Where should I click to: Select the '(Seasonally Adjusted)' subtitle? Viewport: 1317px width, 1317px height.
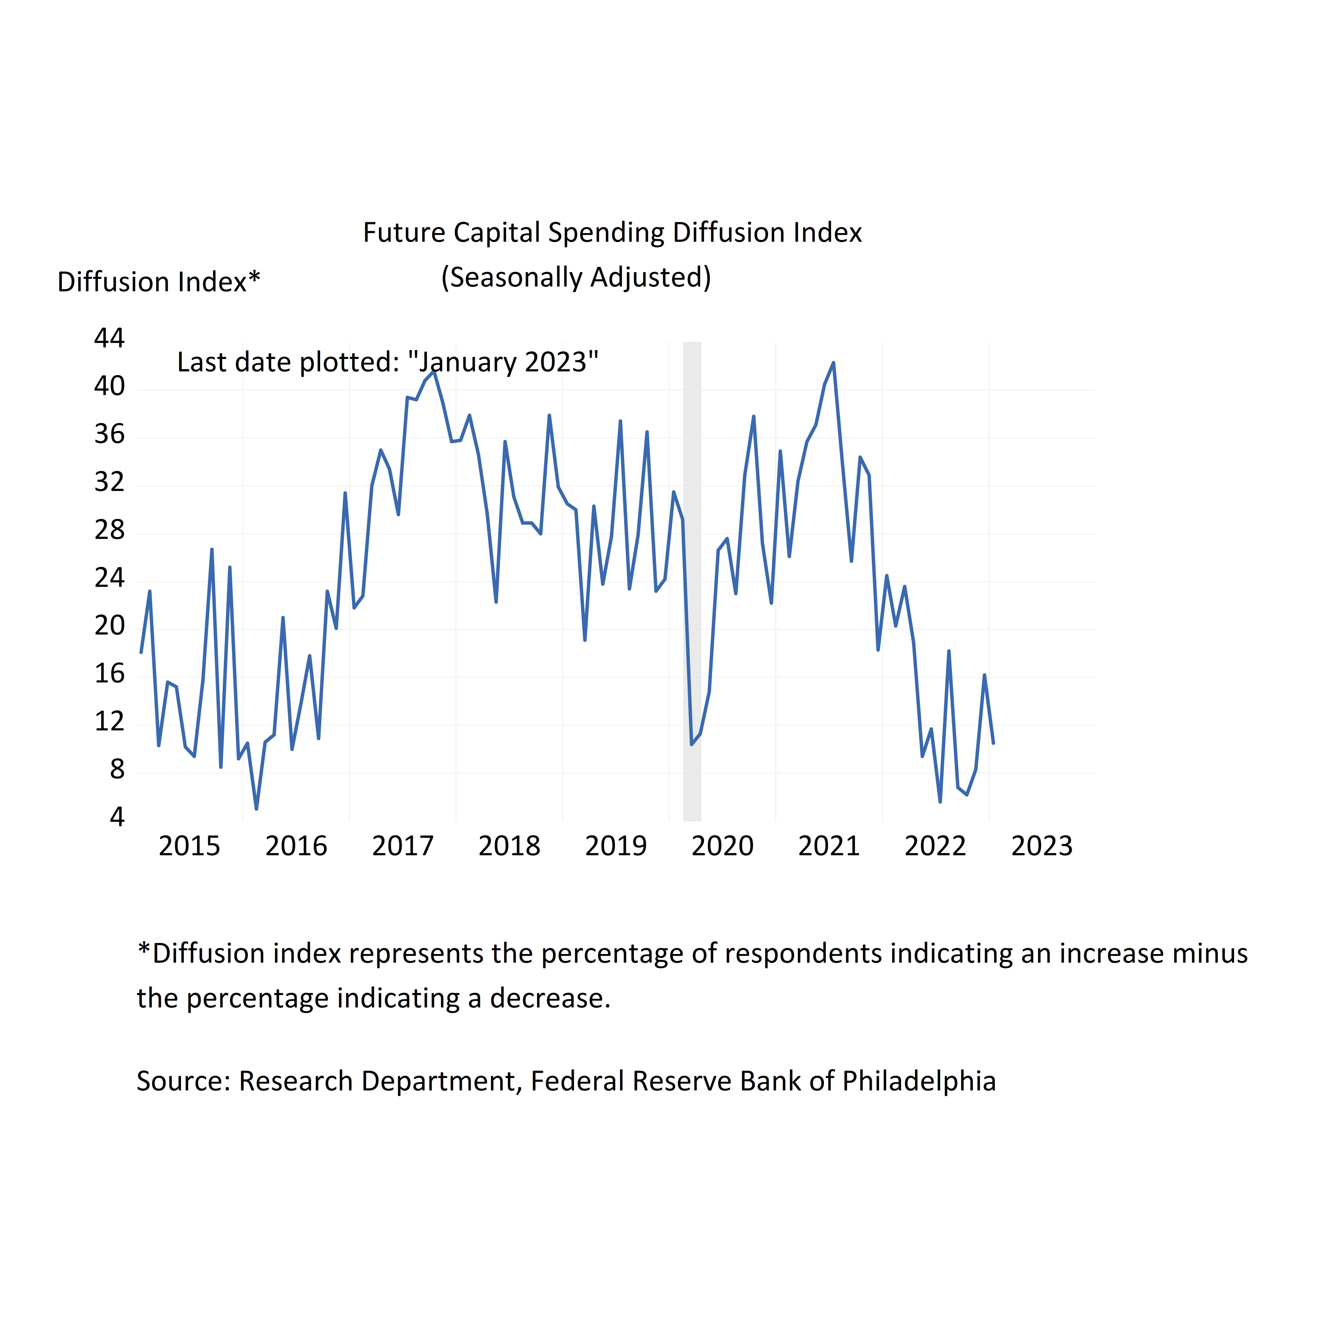[576, 277]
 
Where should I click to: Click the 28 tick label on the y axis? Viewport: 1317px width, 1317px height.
[110, 530]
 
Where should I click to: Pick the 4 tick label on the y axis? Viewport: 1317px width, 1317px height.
[117, 817]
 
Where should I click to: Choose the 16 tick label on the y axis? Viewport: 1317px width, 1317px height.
[110, 674]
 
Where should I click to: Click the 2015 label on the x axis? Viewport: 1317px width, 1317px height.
[189, 846]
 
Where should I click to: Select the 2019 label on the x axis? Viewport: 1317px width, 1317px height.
[616, 846]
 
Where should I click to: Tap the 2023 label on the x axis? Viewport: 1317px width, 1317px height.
[1041, 846]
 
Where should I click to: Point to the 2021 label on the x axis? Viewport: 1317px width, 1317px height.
[829, 846]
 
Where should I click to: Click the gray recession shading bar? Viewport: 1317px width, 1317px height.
[692, 579]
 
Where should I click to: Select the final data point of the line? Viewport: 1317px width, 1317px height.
[993, 743]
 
